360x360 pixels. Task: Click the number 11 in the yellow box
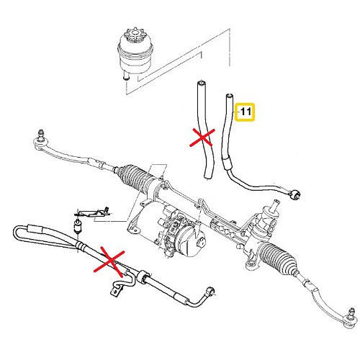pos(246,112)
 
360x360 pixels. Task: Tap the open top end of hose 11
pos(230,94)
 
